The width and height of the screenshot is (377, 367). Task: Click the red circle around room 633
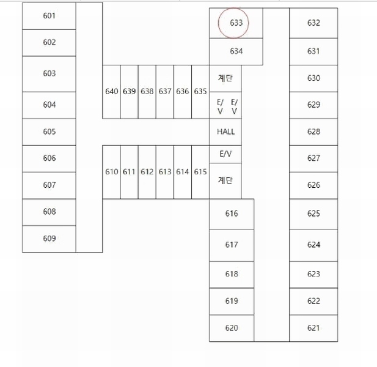(218, 23)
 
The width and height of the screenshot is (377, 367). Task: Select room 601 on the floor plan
(49, 16)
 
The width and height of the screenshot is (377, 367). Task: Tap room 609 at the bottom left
(49, 239)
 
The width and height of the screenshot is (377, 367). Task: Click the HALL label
(225, 132)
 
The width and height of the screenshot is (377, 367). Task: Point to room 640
(112, 92)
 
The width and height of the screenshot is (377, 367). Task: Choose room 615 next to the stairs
(200, 172)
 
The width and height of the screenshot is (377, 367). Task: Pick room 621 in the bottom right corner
(313, 328)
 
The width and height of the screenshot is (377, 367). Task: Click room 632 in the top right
(313, 23)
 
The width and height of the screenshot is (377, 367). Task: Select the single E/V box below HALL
(225, 154)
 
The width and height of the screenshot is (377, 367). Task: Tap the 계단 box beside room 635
(225, 78)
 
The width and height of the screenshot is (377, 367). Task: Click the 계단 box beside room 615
(225, 181)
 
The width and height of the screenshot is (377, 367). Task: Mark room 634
(236, 51)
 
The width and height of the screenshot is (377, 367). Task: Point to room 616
(232, 214)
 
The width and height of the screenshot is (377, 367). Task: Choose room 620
(232, 328)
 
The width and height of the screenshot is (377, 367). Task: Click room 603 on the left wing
(49, 74)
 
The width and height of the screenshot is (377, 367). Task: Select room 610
(112, 172)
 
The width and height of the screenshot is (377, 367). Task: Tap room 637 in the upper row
(165, 92)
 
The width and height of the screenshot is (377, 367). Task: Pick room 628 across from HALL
(313, 132)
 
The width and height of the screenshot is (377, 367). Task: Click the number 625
(313, 213)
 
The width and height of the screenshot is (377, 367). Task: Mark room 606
(49, 158)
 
